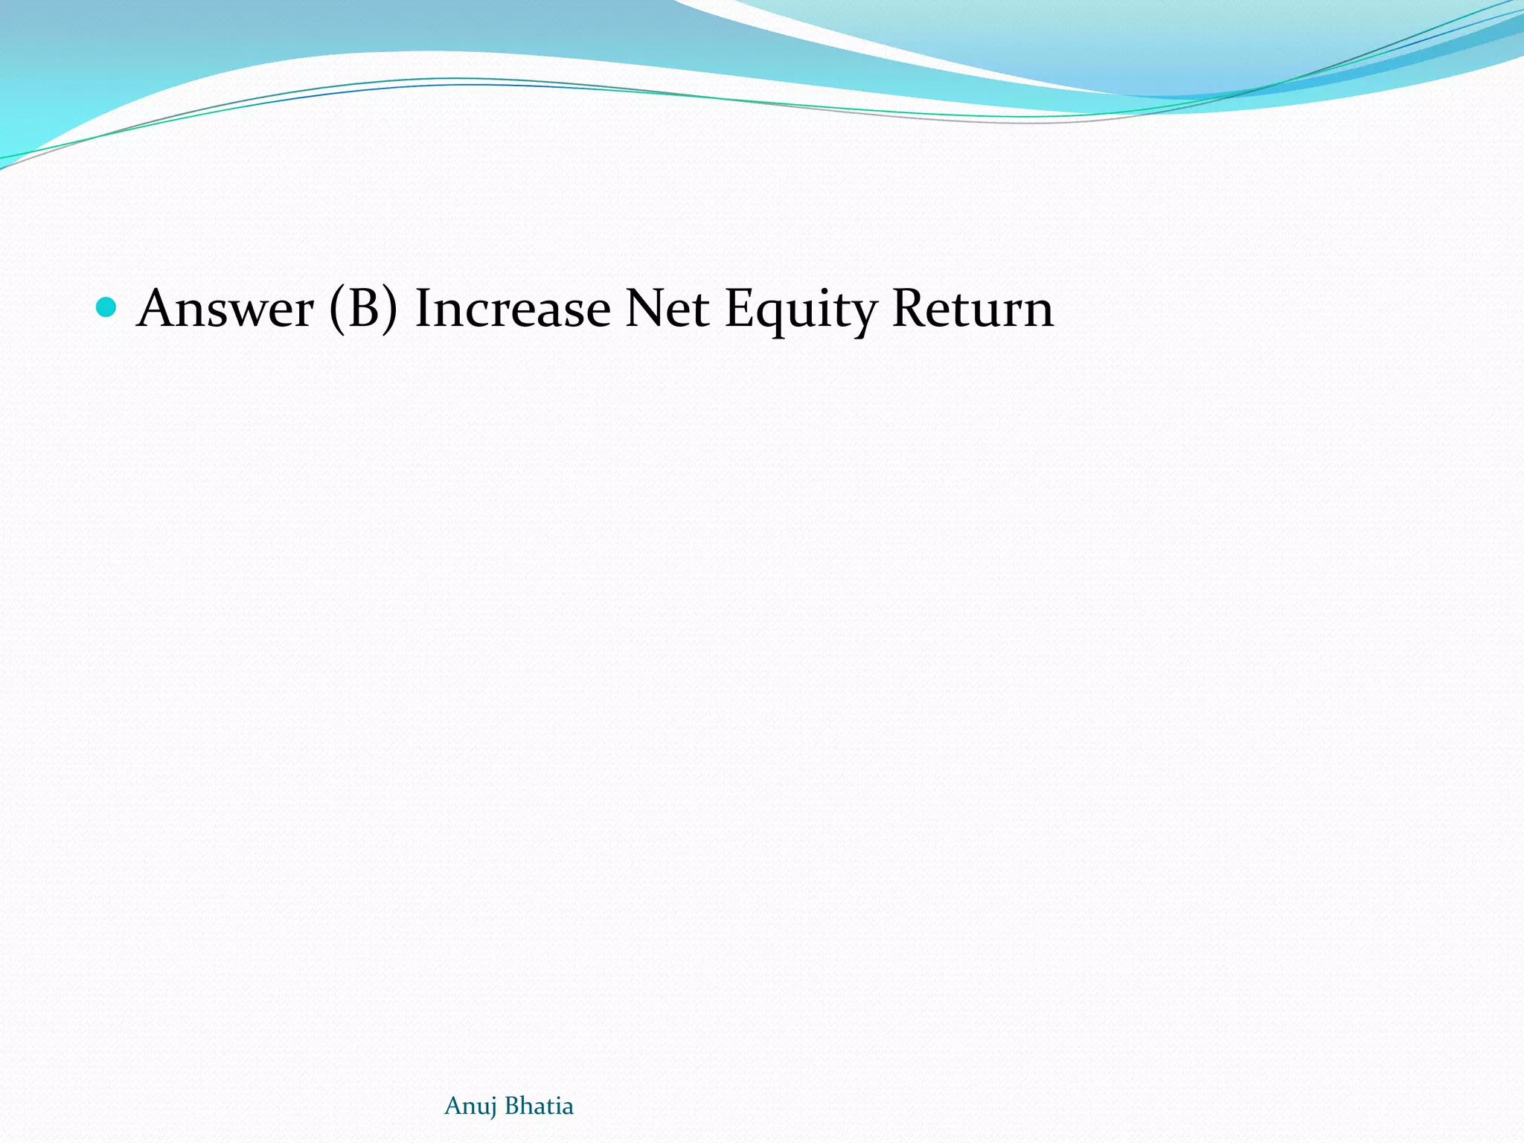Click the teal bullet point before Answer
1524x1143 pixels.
[106, 307]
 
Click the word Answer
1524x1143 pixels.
[225, 308]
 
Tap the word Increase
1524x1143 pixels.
[513, 308]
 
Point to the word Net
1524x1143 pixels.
[667, 308]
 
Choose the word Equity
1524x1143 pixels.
[801, 310]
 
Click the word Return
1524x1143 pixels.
[973, 308]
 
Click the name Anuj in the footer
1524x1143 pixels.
[470, 1107]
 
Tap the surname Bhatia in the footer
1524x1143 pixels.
[539, 1106]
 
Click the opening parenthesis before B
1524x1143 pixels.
[336, 308]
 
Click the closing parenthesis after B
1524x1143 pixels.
[390, 308]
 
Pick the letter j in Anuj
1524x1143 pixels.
[493, 1109]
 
